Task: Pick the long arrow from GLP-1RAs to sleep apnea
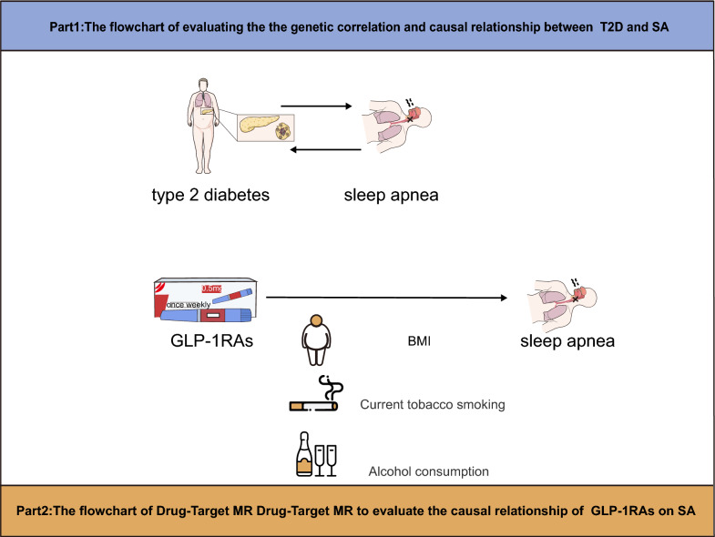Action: pyautogui.click(x=386, y=297)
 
